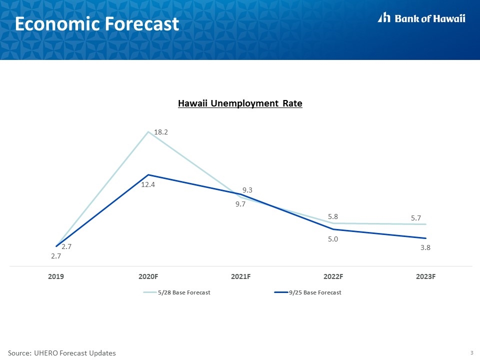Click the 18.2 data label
coord(160,132)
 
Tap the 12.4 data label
coord(148,184)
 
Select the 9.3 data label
coord(247,190)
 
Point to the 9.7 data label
coord(240,204)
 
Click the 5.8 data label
coord(333,216)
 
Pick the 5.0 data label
coord(333,239)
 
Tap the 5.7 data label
coord(415,218)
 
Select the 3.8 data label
coord(425,247)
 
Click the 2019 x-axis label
coord(56,276)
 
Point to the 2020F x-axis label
coord(148,276)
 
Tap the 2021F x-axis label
coord(240,276)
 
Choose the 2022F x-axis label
coord(333,276)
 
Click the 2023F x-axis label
coord(425,276)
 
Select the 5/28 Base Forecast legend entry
coord(177,292)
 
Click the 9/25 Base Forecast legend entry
coord(307,292)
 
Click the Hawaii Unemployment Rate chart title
coord(240,103)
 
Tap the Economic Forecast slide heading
coord(96,24)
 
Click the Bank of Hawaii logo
coord(421,18)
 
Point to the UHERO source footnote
coord(62,353)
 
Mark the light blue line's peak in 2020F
coord(148,132)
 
